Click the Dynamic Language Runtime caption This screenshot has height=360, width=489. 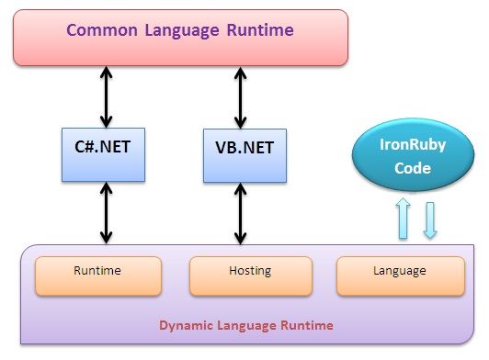pyautogui.click(x=245, y=325)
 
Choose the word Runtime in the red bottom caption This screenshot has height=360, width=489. pyautogui.click(x=306, y=325)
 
